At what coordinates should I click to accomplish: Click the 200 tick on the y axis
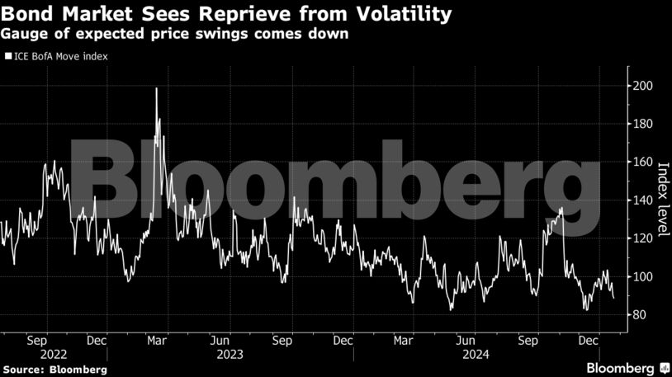638,86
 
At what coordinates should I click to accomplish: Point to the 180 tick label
638,124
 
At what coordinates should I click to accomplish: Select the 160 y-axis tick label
638,162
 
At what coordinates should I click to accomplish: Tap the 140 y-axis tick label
638,200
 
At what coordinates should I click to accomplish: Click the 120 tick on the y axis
638,238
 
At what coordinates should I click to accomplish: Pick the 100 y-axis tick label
638,276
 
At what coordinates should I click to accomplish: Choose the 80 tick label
636,315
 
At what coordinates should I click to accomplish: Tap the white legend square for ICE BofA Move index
7,57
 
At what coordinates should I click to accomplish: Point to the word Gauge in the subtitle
22,35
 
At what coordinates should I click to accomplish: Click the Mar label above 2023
158,339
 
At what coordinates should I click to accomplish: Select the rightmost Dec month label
589,339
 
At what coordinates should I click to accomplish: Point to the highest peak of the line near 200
156,87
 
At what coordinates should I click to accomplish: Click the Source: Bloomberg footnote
54,368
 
